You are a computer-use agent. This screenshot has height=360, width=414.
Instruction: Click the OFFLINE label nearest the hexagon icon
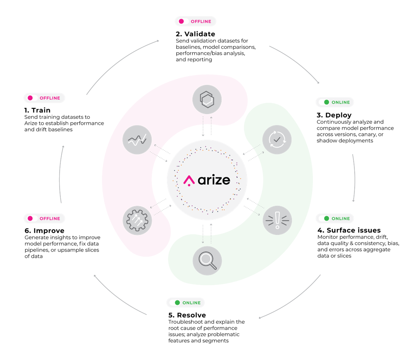tap(196, 21)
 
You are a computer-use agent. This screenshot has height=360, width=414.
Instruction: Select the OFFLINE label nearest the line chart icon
tap(44, 98)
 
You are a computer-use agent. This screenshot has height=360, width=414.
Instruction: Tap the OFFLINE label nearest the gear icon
tap(44, 218)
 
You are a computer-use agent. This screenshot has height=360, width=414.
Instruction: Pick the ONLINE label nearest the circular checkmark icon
tap(335, 102)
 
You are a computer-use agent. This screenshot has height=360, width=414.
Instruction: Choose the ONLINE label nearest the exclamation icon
tap(335, 218)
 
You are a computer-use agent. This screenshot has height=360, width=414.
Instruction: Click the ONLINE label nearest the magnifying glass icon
tap(186, 303)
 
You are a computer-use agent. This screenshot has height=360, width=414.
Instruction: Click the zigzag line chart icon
tap(137, 139)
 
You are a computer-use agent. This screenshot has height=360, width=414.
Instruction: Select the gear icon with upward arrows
tap(137, 221)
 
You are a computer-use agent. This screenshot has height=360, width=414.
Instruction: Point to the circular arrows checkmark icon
tap(277, 139)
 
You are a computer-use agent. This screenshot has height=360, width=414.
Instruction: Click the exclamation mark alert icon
tap(277, 220)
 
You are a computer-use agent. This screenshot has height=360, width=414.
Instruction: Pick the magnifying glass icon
tap(207, 261)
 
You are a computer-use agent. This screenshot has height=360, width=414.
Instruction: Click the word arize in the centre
tap(214, 180)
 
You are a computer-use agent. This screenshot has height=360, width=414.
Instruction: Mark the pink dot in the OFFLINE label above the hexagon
tap(181, 21)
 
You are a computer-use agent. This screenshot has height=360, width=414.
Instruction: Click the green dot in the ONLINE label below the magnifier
tap(177, 303)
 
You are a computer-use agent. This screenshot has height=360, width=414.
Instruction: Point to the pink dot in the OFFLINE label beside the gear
tap(30, 218)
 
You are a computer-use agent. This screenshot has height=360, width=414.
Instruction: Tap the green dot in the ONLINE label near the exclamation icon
tap(327, 218)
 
